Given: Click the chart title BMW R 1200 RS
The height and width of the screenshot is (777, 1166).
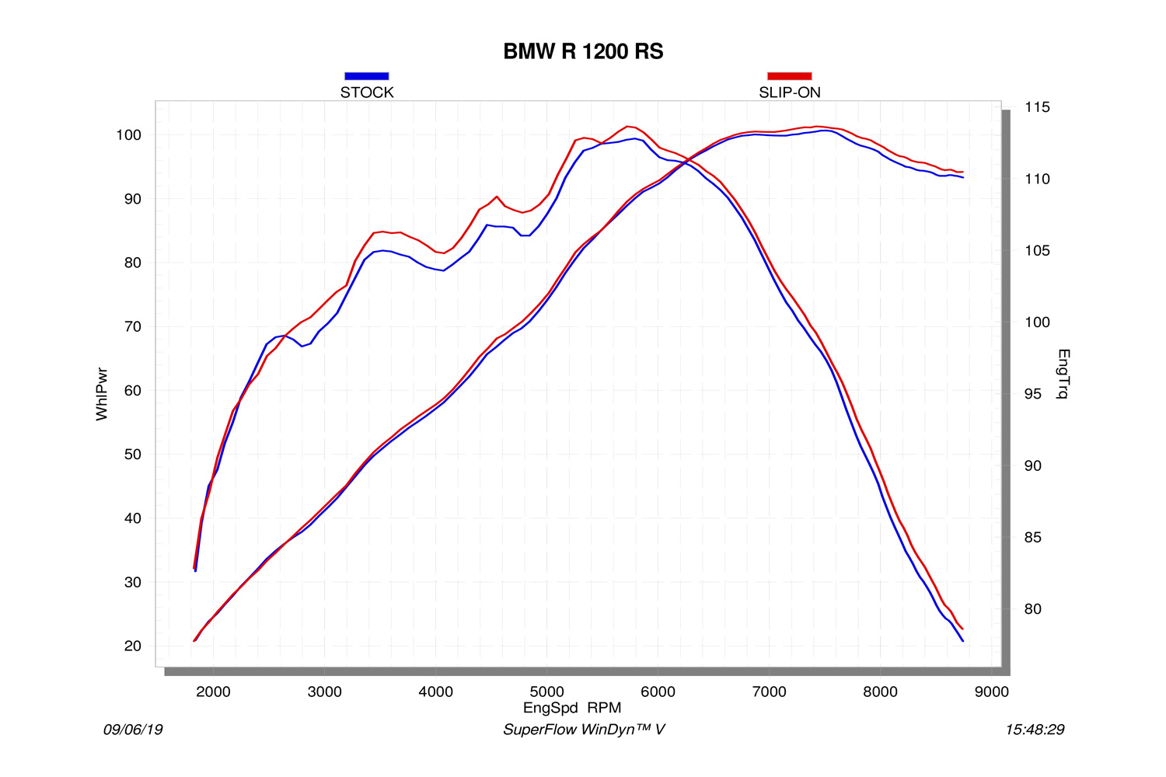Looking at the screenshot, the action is point(583,51).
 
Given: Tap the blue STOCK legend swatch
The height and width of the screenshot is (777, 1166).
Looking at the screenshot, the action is point(366,76).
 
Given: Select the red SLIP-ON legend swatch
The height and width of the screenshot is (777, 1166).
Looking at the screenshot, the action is point(789,76).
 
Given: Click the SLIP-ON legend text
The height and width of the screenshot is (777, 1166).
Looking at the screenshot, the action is point(789,92).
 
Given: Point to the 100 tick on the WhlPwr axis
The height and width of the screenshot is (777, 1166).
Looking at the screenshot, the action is point(128,135).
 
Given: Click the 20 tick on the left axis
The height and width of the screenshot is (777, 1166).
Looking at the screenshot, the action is point(133,646).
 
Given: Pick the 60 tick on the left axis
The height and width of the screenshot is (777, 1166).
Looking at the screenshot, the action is point(133,391).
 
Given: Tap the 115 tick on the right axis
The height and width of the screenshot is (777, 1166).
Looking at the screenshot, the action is point(1037,107).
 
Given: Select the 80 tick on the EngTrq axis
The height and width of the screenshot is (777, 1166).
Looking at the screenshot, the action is point(1033,609).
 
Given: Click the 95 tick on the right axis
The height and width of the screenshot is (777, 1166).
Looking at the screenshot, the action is point(1033,394).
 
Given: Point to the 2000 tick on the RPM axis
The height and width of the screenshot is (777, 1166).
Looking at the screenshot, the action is point(213,692).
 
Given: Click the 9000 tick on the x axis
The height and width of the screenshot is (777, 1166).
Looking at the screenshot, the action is point(991,692).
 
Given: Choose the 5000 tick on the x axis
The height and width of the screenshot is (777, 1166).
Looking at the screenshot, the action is point(546,692).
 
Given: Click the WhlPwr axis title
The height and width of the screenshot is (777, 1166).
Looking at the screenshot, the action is point(102,394).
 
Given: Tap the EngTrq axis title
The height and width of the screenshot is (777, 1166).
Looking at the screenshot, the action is point(1063,374).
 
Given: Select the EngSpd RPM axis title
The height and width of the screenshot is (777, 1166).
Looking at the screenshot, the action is point(572,708).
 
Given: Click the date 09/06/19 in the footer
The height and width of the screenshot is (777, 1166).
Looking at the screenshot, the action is point(133,730).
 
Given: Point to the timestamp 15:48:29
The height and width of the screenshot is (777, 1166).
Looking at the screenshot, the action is point(1035,730).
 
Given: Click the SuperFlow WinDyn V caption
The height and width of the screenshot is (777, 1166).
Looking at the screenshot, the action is point(584,730).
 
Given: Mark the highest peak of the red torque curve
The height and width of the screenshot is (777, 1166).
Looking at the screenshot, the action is point(628,126).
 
